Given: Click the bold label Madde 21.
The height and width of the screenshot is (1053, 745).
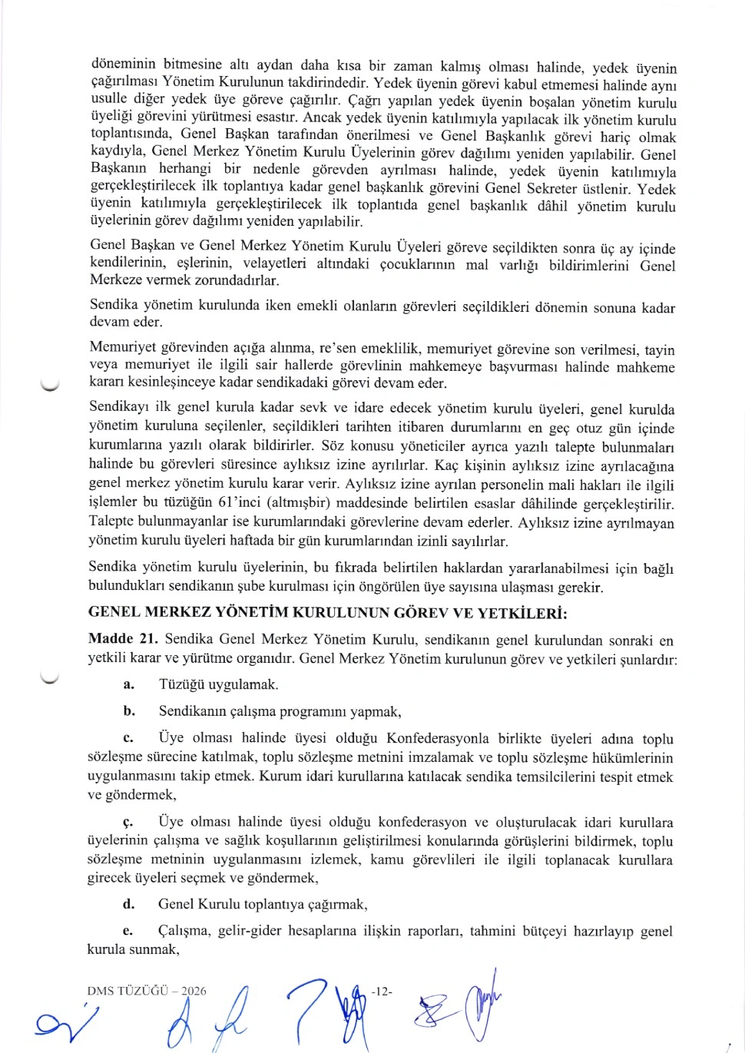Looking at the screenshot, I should point(123,639).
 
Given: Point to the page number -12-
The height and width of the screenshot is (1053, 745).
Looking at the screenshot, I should point(382,991).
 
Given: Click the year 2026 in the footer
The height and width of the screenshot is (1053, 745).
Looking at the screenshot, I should point(194,991).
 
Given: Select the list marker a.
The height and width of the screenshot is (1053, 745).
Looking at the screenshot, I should point(128,684).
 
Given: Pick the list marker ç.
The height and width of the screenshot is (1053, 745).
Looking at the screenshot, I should point(128,823).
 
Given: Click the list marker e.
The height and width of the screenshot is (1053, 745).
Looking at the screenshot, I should point(128,932).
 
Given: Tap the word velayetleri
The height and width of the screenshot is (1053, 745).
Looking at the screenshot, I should point(274,263).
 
